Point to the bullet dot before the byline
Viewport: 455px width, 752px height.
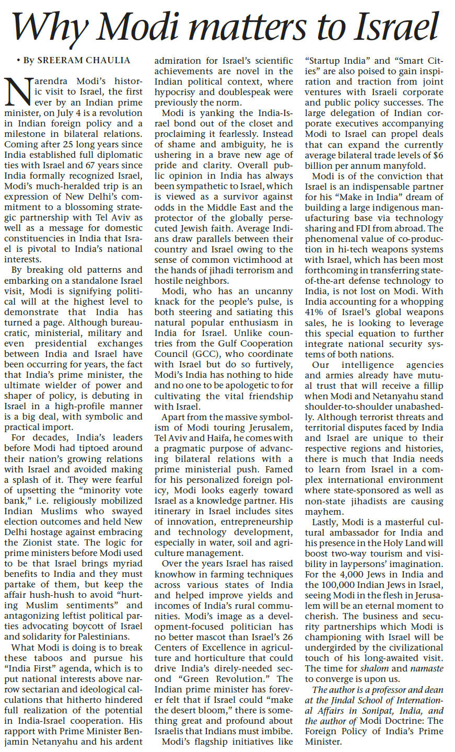point(18,60)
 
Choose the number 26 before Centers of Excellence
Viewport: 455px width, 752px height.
point(286,637)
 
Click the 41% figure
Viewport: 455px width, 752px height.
point(315,313)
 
